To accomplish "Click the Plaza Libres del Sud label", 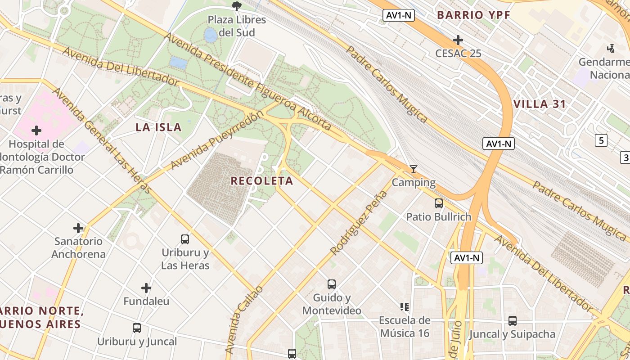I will point(237,26).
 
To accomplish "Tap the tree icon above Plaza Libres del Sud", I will point(236,6).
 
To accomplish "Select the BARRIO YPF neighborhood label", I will point(474,15).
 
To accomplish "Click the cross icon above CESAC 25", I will point(458,40).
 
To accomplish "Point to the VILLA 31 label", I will point(540,104).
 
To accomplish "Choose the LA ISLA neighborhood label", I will point(159,127).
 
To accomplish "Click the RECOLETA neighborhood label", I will point(262,181).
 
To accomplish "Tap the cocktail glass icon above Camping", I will point(414,169).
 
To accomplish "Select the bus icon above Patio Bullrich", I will point(439,203).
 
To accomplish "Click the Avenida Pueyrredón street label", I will point(217,140).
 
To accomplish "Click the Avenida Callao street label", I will point(243,319).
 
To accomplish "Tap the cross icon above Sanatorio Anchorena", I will point(78,228).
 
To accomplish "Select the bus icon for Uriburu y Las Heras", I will point(185,239).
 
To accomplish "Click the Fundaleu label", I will point(146,301).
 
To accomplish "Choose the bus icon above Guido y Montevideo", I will point(332,284).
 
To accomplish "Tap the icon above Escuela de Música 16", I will point(405,307).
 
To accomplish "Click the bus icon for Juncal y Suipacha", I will point(513,321).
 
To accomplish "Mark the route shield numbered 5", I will point(601,140).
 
